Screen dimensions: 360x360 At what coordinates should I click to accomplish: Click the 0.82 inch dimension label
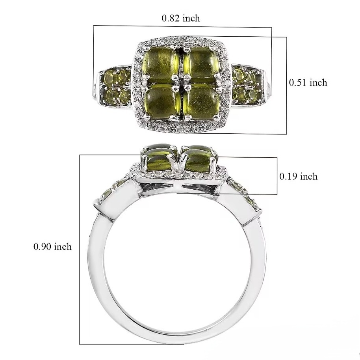(181, 18)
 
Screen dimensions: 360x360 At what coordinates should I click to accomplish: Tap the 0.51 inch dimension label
(308, 82)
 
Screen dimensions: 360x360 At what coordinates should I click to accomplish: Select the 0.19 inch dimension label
(299, 176)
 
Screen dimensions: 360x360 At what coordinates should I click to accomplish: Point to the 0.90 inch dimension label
(52, 247)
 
